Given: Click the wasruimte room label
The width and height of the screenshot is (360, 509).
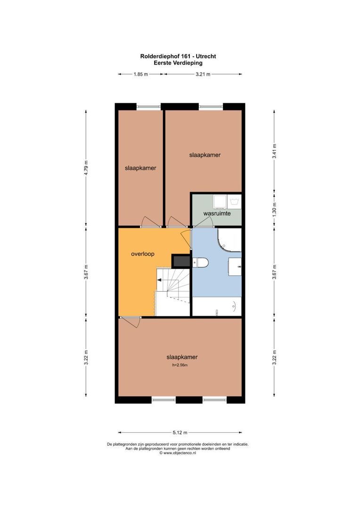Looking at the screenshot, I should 217,213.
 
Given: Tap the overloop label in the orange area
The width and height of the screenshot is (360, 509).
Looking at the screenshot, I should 143,254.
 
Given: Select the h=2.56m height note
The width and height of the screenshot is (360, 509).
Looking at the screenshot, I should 180,365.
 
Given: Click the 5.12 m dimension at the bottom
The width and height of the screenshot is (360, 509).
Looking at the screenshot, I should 180,432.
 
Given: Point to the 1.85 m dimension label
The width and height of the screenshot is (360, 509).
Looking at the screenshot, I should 140,74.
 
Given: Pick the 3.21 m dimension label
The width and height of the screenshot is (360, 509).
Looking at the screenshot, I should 203,74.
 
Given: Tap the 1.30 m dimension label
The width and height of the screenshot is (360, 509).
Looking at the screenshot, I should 274,209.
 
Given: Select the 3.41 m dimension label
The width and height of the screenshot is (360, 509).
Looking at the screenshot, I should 274,152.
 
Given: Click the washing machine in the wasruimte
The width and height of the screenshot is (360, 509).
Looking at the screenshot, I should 219,202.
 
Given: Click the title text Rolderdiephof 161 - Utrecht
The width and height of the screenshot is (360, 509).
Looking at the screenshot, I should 178,56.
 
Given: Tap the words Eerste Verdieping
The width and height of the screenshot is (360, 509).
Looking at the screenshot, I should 178,62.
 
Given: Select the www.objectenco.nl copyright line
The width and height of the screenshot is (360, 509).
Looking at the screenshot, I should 178,453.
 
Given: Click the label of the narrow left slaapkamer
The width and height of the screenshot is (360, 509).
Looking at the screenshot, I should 140,168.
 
